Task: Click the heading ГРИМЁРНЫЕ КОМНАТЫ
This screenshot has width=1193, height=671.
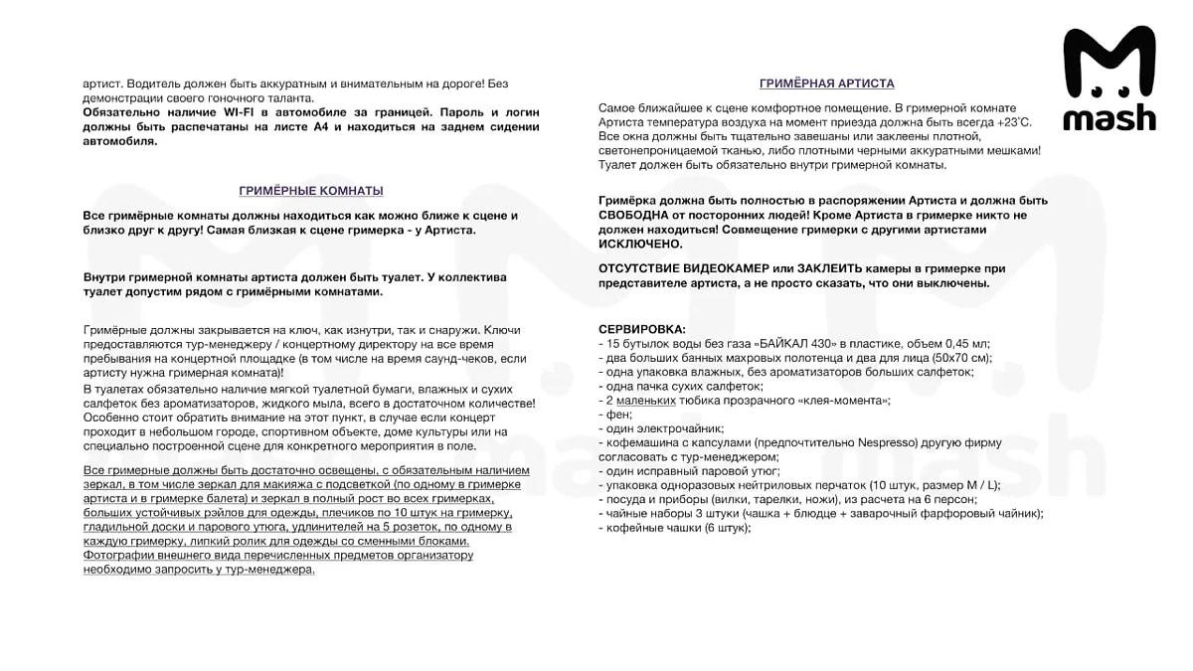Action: pos(311,191)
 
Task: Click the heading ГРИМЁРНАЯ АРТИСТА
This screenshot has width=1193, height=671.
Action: pos(826,84)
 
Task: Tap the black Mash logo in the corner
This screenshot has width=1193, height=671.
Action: pos(1109,80)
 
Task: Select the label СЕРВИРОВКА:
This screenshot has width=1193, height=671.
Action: pos(641,329)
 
